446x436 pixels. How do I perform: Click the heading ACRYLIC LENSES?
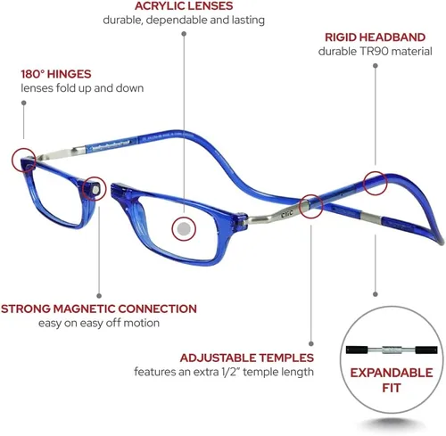click(x=184, y=6)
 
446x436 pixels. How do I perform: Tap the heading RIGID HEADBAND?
click(x=375, y=37)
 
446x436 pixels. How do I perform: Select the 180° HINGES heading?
click(x=56, y=74)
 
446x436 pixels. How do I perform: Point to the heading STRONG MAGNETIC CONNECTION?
click(x=99, y=308)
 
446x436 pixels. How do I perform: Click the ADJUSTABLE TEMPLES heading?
click(x=247, y=358)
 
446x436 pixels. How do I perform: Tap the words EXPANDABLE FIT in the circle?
click(x=392, y=381)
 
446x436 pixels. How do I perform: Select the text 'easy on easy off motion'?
click(x=99, y=323)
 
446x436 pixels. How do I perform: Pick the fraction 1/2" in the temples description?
click(x=232, y=372)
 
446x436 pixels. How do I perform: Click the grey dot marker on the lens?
click(x=184, y=229)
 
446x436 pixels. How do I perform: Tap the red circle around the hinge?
click(x=24, y=160)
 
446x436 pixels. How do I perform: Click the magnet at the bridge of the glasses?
click(x=95, y=190)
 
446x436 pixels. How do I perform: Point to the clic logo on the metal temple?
click(x=286, y=213)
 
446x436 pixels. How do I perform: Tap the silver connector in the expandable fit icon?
click(x=392, y=350)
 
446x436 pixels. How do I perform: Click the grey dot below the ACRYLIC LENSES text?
click(x=184, y=34)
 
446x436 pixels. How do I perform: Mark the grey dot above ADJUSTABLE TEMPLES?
click(x=311, y=344)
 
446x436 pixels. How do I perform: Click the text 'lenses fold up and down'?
click(x=82, y=88)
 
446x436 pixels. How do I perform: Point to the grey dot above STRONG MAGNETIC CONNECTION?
click(x=99, y=296)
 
